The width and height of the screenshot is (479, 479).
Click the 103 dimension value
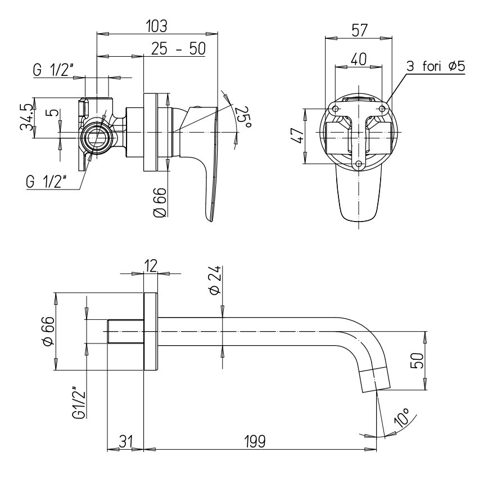[x=157, y=26]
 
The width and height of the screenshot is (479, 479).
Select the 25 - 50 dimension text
[x=179, y=49]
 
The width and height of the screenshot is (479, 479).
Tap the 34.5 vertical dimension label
[x=26, y=118]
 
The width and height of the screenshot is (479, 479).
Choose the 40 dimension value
[x=358, y=59]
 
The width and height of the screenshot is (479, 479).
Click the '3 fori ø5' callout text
[x=436, y=66]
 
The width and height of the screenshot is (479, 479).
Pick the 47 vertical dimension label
[x=298, y=135]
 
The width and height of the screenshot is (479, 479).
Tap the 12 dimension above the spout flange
[x=151, y=265]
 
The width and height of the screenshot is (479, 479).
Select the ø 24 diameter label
[x=215, y=280]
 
